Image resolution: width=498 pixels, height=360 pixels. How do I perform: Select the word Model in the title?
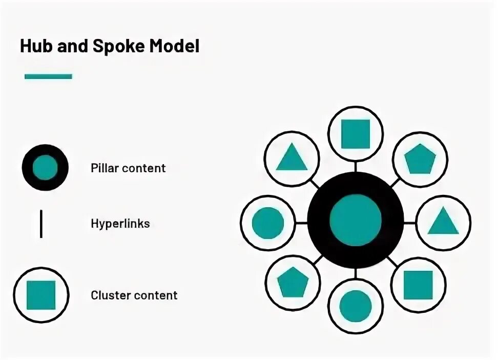174,46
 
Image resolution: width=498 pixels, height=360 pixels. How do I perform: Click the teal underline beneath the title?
48,76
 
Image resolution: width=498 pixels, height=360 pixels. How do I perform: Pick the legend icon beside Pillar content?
45,168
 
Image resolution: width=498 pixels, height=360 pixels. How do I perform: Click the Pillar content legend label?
128,168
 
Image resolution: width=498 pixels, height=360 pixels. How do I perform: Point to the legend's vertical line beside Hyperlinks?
41,224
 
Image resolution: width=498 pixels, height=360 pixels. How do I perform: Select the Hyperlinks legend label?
120,224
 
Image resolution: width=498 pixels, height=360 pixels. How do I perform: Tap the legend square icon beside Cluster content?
41,295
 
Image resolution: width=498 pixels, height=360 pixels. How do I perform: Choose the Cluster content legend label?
134,295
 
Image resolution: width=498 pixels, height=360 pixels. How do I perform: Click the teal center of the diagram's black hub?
356,221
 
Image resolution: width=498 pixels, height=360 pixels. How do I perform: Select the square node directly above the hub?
356,134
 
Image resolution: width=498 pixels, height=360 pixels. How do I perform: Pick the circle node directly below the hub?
356,306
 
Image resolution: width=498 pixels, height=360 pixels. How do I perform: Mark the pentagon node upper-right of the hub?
420,159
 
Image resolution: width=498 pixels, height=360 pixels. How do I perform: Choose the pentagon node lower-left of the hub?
293,282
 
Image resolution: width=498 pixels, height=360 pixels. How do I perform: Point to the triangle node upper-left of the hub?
292,158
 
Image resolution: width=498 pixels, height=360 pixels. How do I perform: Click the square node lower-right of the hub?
418,285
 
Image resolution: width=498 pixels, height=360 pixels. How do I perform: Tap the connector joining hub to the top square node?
356,167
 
